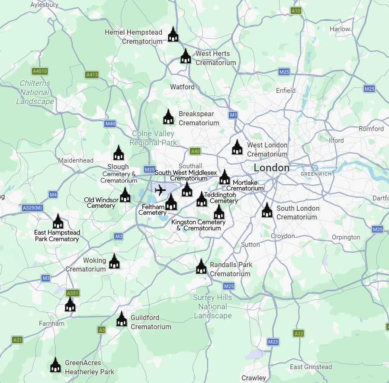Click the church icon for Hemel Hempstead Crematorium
coord(173,34)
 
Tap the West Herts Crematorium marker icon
coord(186,56)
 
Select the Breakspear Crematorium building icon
coord(168,117)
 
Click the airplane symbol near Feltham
coord(160,190)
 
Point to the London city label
coord(271,168)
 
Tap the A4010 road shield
coord(40,71)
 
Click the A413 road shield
coord(92,75)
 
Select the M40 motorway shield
coord(110,124)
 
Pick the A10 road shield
coord(296,10)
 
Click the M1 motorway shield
coord(233,115)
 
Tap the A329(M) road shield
coord(32,208)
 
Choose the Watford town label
coord(182,87)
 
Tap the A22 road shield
coord(299,333)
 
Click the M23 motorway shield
coord(273,342)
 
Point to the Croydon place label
coord(283,236)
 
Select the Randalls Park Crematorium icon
coord(201,267)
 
